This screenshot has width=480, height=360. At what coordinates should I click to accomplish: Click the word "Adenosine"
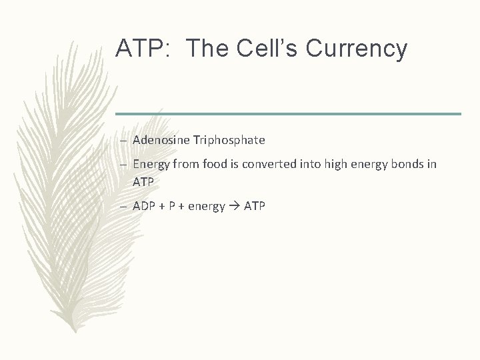tap(162, 140)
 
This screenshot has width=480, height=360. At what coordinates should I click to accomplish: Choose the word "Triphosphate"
tap(229, 140)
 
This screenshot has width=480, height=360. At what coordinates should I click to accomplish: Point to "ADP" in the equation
tap(144, 206)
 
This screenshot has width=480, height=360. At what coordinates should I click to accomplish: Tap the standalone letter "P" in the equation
tap(172, 206)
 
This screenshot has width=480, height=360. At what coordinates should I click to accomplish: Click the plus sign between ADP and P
tap(161, 206)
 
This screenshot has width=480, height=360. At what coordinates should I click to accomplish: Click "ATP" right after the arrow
tap(255, 206)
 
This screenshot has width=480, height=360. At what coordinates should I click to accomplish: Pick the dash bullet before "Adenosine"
tap(125, 141)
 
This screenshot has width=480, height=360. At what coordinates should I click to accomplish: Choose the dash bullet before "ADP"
tap(125, 207)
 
